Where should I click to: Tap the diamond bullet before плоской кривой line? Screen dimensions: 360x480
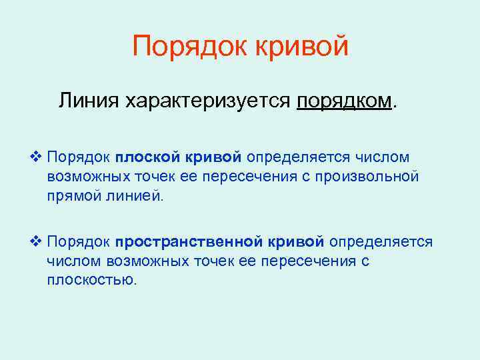coord(37,157)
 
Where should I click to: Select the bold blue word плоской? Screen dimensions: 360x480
coord(143,157)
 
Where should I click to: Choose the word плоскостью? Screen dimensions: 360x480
coord(91,279)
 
